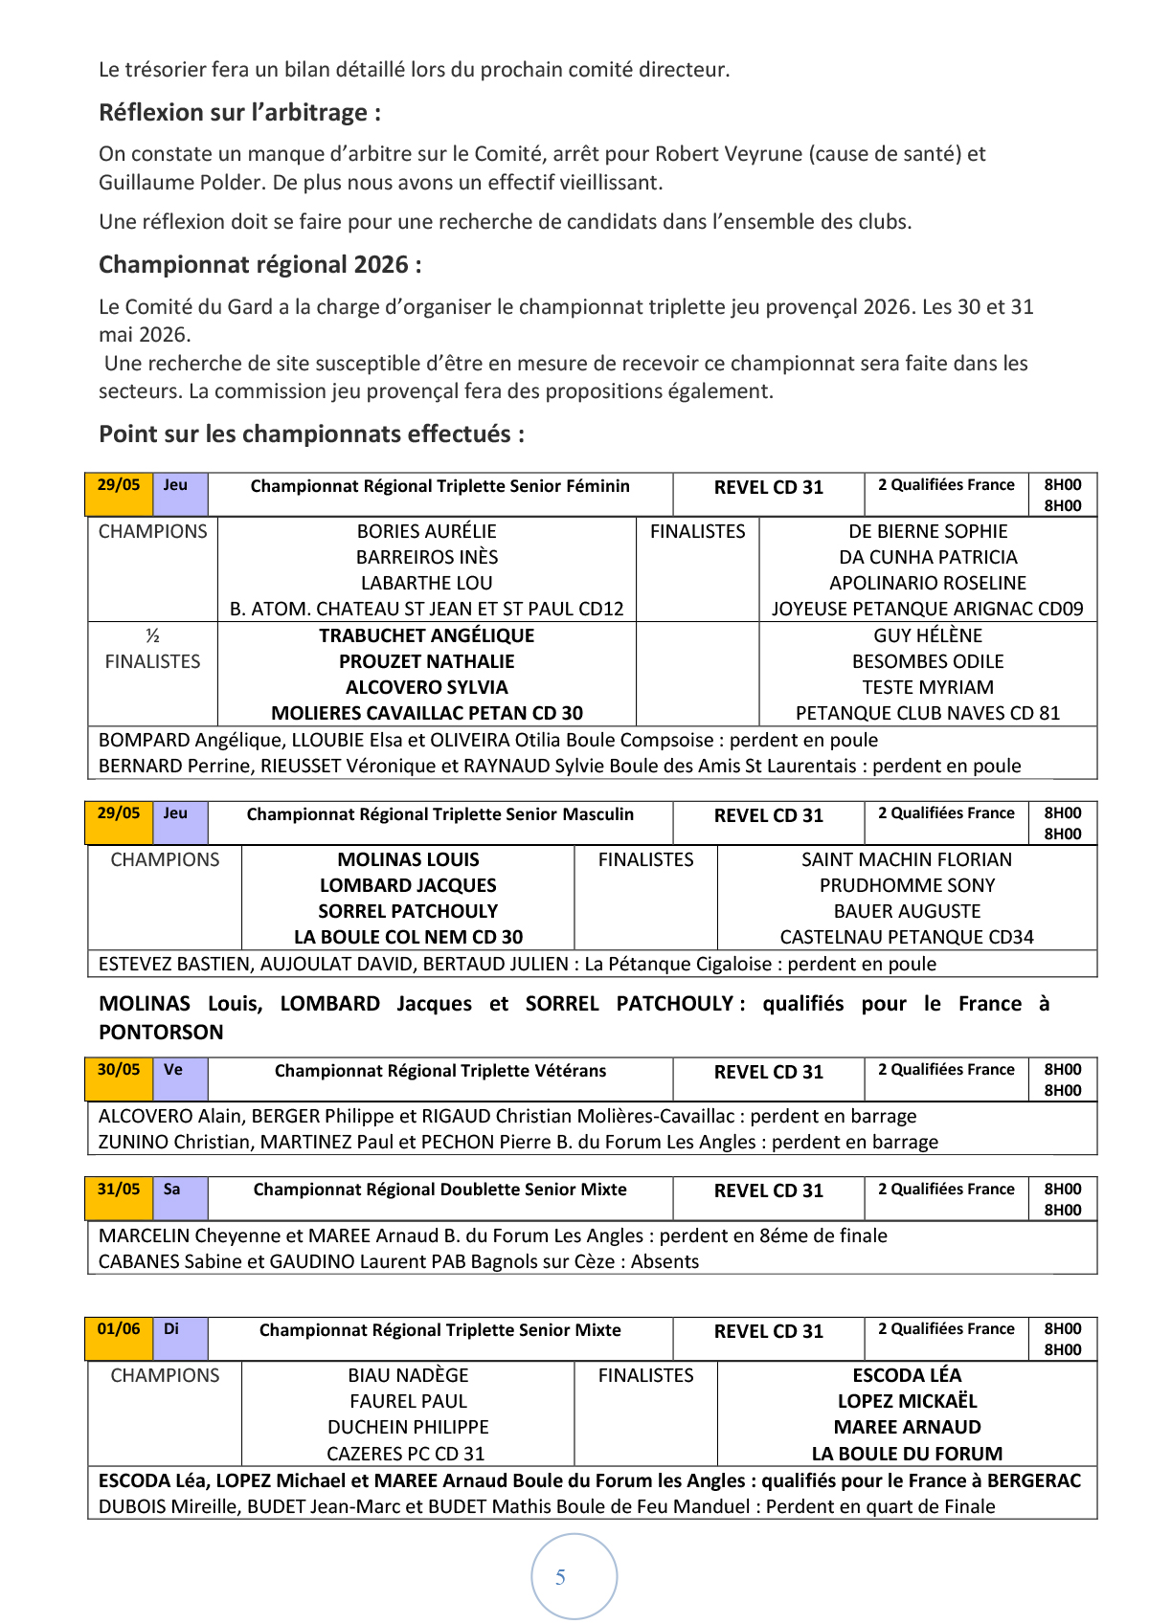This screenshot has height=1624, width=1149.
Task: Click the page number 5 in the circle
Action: [560, 1577]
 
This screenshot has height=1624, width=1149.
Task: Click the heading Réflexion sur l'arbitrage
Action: [239, 113]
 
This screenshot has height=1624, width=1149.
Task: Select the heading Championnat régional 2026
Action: [259, 265]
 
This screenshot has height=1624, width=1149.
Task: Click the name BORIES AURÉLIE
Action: [426, 531]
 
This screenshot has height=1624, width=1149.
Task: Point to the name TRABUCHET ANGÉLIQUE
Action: [426, 635]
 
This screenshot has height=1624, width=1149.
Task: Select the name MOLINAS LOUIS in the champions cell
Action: [408, 859]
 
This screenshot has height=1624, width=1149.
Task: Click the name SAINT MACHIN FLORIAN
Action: [906, 859]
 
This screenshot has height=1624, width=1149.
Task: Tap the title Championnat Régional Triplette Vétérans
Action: [440, 1071]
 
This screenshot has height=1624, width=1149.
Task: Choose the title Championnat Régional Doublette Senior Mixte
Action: [439, 1190]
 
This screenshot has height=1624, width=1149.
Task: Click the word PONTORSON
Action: [161, 1033]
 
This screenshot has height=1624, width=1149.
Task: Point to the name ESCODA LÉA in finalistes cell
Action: [906, 1375]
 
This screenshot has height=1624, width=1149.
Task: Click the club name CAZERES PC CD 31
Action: [406, 1454]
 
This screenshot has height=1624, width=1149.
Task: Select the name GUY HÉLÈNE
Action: [927, 635]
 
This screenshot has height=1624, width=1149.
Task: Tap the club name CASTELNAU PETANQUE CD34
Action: [906, 937]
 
